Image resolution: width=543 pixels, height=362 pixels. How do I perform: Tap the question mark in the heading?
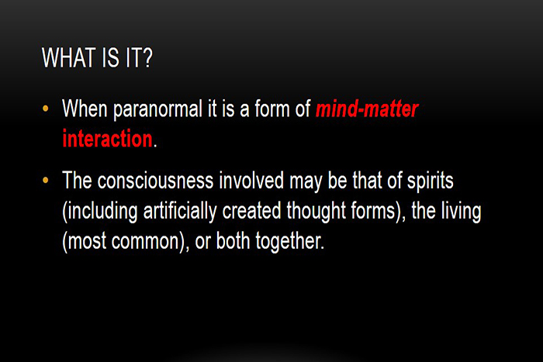click(x=147, y=57)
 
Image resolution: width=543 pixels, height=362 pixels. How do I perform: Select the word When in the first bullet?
click(x=85, y=109)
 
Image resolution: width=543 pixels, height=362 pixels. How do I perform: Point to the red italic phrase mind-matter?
click(x=367, y=109)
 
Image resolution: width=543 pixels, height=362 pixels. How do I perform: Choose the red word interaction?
click(x=107, y=139)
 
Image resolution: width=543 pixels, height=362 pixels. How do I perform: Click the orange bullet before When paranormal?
click(x=45, y=109)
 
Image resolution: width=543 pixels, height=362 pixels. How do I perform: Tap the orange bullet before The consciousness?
click(x=45, y=180)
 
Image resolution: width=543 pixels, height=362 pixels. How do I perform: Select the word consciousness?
click(x=155, y=181)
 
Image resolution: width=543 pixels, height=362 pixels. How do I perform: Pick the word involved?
click(x=251, y=181)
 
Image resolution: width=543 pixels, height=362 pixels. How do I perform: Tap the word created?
click(x=251, y=210)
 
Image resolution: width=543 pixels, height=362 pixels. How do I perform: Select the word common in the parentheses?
click(x=146, y=241)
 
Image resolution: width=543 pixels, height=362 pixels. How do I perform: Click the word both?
click(x=233, y=240)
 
